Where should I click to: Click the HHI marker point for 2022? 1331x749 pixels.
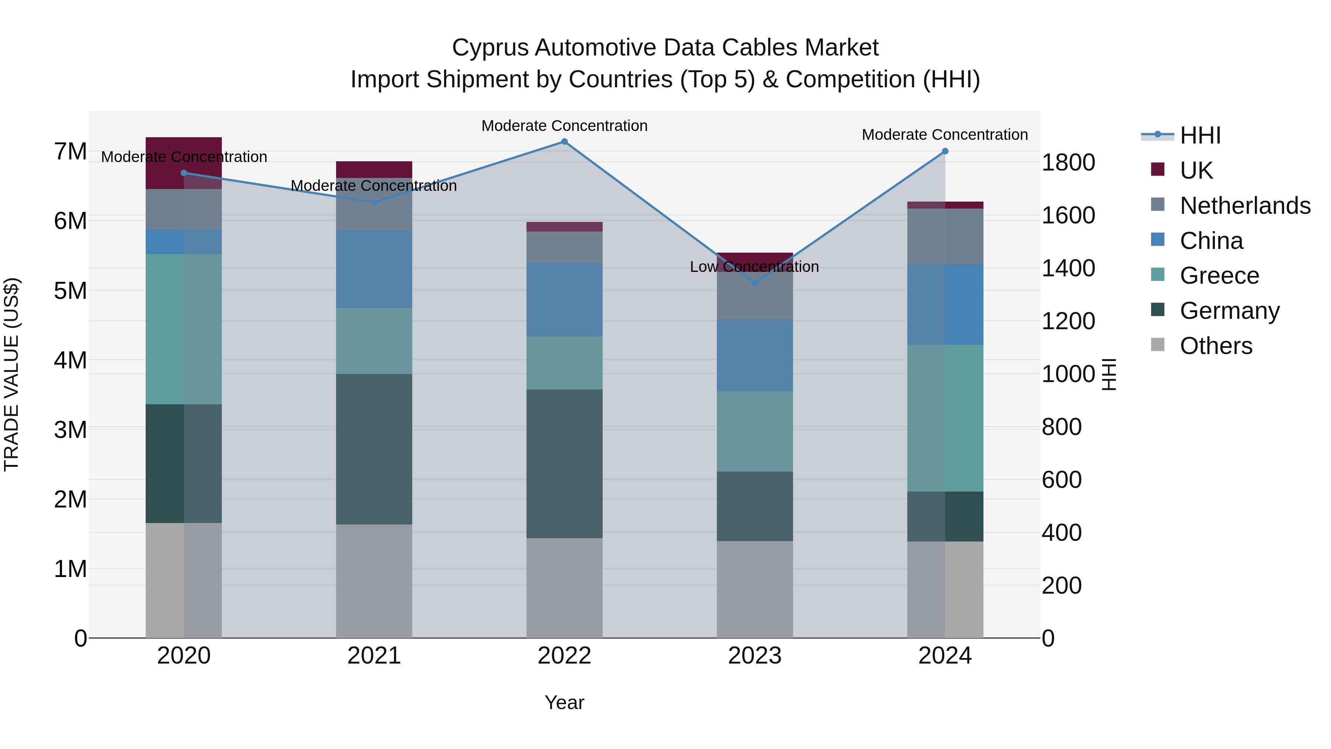(564, 142)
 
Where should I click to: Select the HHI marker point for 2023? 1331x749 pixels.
(754, 283)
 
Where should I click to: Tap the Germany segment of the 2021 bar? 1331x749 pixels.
(374, 449)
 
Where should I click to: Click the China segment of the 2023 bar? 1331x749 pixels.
(754, 355)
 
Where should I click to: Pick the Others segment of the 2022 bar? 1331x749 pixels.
(564, 588)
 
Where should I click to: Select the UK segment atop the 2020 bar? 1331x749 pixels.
(184, 163)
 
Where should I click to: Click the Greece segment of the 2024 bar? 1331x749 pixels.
(945, 418)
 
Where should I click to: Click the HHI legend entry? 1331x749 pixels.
(1200, 135)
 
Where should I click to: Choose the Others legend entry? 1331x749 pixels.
(1215, 346)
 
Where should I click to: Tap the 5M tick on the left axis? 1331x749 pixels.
(70, 290)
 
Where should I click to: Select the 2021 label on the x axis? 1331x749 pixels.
(374, 656)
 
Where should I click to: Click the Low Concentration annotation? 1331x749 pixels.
(754, 267)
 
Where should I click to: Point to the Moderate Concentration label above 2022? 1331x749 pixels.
(564, 126)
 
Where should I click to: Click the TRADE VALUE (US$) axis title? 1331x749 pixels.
(11, 374)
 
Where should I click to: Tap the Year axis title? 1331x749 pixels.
(564, 702)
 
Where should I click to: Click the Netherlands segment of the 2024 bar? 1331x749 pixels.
(945, 237)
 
